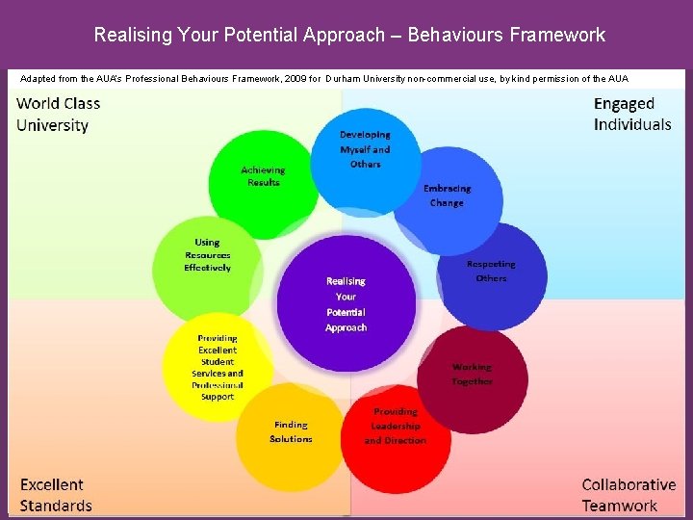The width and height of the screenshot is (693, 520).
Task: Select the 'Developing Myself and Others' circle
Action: [x=366, y=152]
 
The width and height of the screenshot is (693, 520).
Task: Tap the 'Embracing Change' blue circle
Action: [x=448, y=198]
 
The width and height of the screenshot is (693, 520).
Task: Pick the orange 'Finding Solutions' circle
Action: [x=291, y=434]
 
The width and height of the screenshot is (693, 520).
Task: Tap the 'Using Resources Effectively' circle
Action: [x=207, y=257]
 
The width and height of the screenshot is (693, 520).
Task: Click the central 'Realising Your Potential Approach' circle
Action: [x=346, y=302]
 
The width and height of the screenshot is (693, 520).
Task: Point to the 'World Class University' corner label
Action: [x=59, y=114]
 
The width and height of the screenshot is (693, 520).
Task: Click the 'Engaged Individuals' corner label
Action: [x=632, y=114]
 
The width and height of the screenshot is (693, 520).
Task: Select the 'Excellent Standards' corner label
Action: [x=56, y=495]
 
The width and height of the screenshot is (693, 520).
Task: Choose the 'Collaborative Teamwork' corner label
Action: [x=629, y=495]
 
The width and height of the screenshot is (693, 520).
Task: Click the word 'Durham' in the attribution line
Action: [x=343, y=78]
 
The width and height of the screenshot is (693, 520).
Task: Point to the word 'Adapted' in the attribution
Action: [x=38, y=78]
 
